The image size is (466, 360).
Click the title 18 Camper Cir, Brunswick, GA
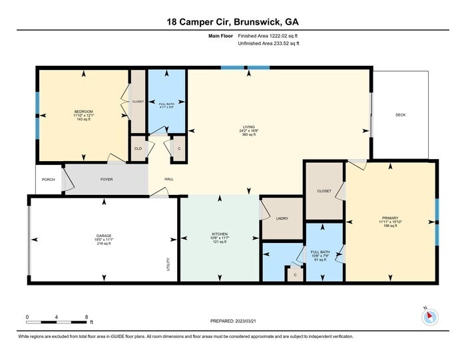(232, 22)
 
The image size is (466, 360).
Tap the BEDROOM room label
(83, 111)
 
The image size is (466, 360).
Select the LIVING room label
(248, 126)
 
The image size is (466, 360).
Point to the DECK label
(400, 115)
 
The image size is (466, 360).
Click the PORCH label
(48, 179)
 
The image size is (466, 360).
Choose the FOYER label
(107, 179)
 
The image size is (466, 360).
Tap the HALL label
(169, 179)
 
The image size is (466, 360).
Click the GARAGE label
(103, 236)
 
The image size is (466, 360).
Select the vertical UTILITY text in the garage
(168, 264)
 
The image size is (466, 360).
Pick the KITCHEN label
(220, 234)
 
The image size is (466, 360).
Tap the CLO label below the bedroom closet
(138, 148)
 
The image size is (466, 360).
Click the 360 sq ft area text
(248, 135)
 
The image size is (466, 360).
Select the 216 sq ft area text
(103, 244)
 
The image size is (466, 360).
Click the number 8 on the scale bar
(87, 317)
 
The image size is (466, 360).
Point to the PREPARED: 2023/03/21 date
(232, 321)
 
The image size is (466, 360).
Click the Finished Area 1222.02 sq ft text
(268, 36)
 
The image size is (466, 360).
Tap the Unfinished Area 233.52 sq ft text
(268, 43)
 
